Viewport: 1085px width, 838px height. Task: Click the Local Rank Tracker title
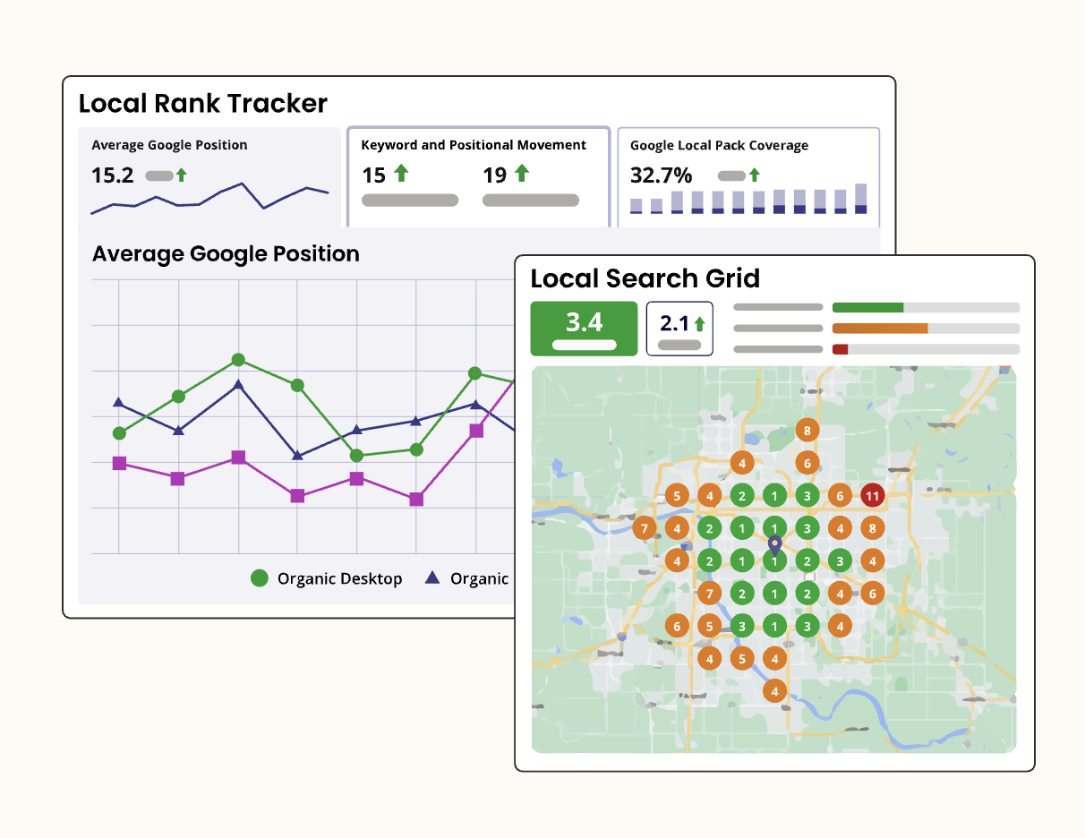203,104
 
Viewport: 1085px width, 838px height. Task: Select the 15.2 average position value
113,175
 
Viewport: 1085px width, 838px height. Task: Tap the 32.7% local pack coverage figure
661,175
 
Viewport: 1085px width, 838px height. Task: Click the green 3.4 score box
584,328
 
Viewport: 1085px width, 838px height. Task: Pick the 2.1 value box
679,329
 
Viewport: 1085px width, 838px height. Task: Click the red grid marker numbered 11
872,495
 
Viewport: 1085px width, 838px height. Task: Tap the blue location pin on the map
774,544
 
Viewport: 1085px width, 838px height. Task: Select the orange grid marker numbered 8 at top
807,431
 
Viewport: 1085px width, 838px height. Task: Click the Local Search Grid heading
645,278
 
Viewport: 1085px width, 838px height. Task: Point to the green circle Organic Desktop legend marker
260,578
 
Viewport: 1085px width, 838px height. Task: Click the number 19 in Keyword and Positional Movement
495,175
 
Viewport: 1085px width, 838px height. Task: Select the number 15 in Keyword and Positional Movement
373,175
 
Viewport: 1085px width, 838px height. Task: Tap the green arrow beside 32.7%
755,175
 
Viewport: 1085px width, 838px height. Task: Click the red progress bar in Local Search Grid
840,349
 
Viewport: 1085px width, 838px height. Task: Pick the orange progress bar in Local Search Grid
880,329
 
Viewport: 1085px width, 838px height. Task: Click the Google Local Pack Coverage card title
719,145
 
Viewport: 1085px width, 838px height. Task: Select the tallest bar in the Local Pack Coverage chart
860,199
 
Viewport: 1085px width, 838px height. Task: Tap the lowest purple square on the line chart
415,500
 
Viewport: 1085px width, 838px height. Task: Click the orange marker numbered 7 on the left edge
643,528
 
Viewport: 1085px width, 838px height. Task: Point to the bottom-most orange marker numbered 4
774,691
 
